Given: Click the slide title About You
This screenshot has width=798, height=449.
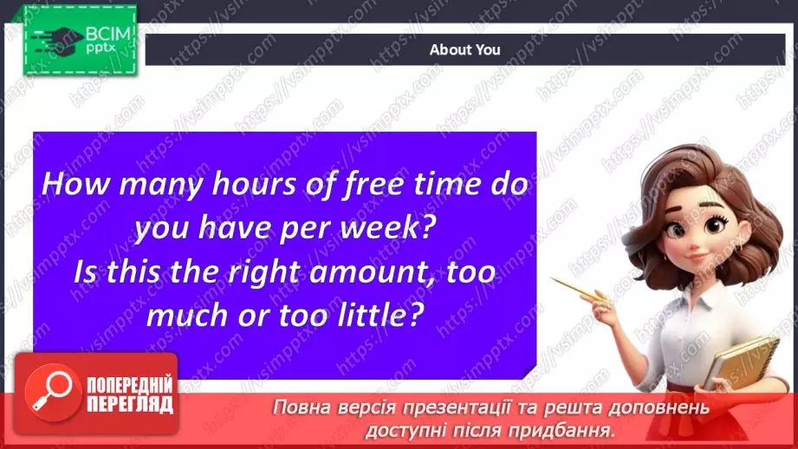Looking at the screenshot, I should (464, 49).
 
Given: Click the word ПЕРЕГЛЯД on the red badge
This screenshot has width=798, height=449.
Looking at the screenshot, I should (130, 405).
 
